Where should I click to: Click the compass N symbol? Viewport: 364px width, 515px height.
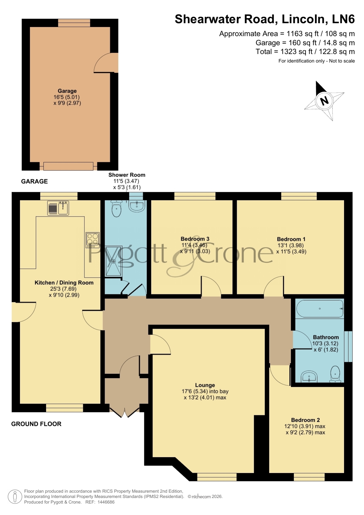[324, 101]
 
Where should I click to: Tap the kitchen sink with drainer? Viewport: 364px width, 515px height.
[58, 208]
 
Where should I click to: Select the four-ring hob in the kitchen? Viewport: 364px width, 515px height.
[93, 240]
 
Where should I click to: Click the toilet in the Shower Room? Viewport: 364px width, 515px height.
[116, 208]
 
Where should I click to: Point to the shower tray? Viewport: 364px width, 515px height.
[114, 261]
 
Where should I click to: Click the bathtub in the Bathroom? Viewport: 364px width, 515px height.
[320, 308]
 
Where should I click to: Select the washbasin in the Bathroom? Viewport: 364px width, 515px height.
[309, 377]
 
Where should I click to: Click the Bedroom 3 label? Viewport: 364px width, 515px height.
[195, 239]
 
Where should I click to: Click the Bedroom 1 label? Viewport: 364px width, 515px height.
[291, 239]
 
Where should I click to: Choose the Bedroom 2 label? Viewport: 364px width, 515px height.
[305, 420]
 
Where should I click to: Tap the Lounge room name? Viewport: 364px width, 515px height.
[205, 385]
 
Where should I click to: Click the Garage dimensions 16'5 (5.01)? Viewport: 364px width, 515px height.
[67, 97]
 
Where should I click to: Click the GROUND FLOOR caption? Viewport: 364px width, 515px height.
[36, 424]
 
